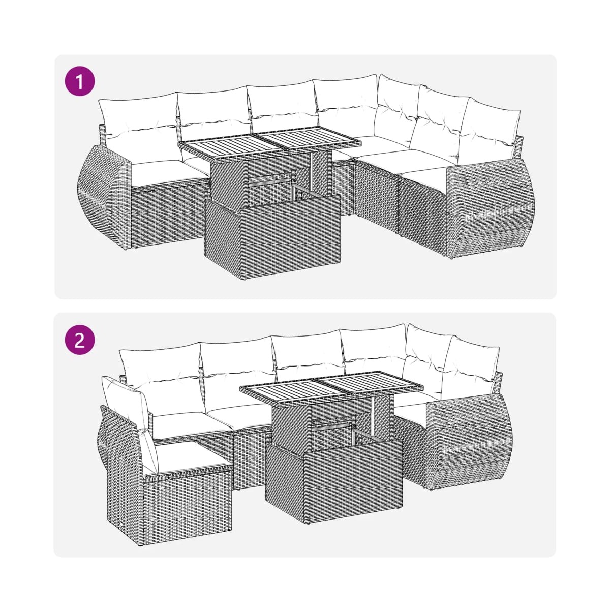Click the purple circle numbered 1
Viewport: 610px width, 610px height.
80,81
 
